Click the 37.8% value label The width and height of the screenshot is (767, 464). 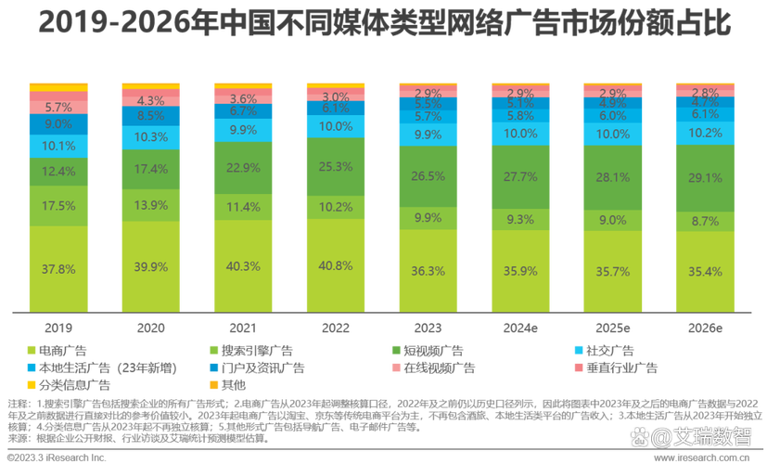pyautogui.click(x=58, y=270)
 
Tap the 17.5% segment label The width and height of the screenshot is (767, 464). pyautogui.click(x=58, y=206)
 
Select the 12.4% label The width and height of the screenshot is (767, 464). pyautogui.click(x=58, y=171)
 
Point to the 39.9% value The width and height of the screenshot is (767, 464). pyautogui.click(x=150, y=267)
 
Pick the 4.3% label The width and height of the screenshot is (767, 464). pyautogui.click(x=150, y=100)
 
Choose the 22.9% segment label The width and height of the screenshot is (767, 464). pyautogui.click(x=243, y=167)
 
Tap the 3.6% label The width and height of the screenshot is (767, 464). pyautogui.click(x=243, y=98)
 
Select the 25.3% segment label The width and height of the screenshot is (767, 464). pyautogui.click(x=335, y=167)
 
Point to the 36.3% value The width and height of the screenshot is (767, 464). pyautogui.click(x=428, y=272)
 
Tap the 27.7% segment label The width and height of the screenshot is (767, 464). pyautogui.click(x=519, y=176)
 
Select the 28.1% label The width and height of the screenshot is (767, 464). pyautogui.click(x=612, y=177)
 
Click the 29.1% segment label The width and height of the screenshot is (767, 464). pyautogui.click(x=704, y=177)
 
